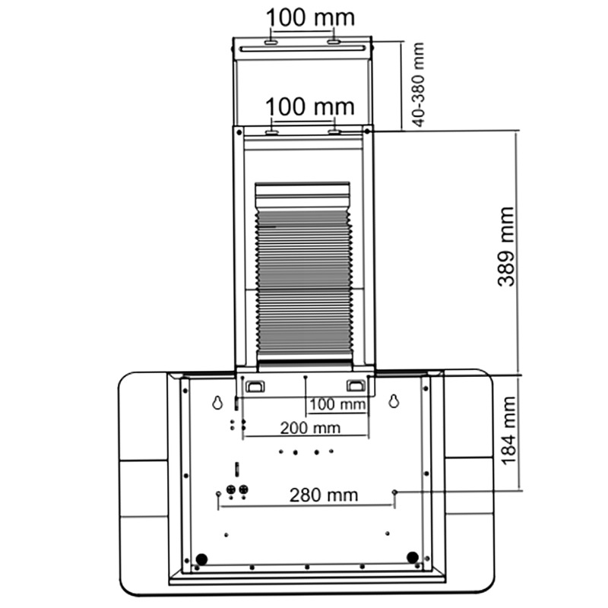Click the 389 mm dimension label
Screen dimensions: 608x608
click(506, 247)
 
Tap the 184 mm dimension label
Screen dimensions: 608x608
click(508, 430)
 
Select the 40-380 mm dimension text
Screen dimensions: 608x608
click(419, 84)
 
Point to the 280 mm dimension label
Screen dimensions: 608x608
click(324, 496)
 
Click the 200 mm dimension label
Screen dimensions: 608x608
click(310, 428)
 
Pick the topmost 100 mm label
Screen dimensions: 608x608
click(310, 17)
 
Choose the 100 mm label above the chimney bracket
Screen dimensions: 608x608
click(310, 106)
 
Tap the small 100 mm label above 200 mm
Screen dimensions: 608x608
click(337, 404)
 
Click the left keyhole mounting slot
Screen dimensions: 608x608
click(217, 402)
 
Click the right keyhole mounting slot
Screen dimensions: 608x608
click(394, 401)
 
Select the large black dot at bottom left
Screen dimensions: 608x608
click(201, 559)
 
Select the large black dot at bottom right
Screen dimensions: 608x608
click(413, 558)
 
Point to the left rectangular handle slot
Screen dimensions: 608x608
click(255, 386)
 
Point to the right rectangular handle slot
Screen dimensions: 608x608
click(356, 385)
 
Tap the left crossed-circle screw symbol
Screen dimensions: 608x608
click(231, 489)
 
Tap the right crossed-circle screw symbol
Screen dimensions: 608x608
click(243, 489)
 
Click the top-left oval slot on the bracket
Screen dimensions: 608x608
click(271, 42)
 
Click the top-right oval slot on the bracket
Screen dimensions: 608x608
click(334, 42)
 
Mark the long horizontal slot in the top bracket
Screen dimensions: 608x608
click(302, 49)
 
